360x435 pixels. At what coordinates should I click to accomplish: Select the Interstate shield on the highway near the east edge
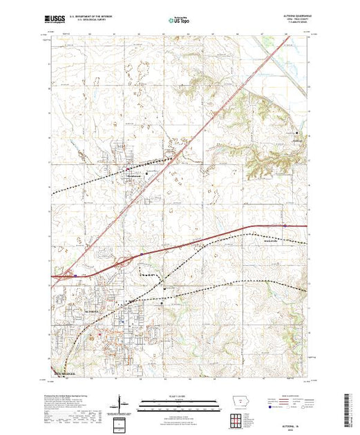[x=285, y=224]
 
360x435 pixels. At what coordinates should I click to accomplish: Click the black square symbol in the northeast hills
[x=297, y=133]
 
